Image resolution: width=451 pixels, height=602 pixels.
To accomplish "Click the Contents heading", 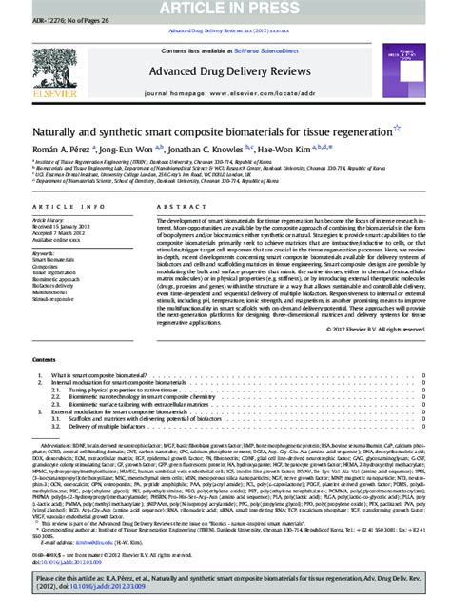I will [44, 361].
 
